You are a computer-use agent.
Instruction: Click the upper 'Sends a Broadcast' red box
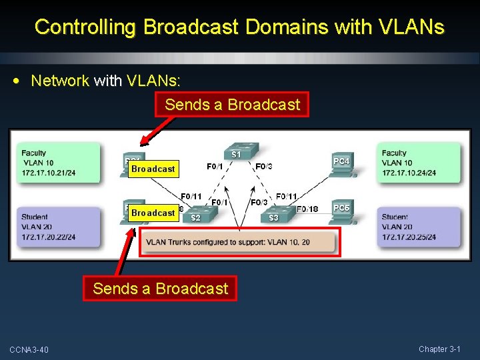click(x=232, y=105)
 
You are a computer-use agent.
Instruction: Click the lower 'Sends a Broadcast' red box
click(x=160, y=289)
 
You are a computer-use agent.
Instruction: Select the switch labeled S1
click(x=235, y=152)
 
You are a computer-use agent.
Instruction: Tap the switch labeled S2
click(x=197, y=215)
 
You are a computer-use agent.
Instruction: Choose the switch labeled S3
click(x=275, y=215)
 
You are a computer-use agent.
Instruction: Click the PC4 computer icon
click(x=341, y=164)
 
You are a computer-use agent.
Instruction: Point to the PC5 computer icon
click(x=341, y=210)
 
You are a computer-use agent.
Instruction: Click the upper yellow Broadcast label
click(x=153, y=169)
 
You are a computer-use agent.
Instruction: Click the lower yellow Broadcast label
click(x=153, y=213)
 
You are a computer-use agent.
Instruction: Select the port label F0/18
click(x=307, y=209)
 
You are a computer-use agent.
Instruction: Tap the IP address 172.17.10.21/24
click(x=48, y=173)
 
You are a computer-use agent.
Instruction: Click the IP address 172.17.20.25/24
click(x=409, y=237)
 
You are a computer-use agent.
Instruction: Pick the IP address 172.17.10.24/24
click(x=409, y=173)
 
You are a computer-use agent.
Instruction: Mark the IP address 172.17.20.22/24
click(x=48, y=237)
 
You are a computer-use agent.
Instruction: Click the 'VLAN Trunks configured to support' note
click(x=227, y=242)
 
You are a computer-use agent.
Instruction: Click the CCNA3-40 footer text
click(x=29, y=350)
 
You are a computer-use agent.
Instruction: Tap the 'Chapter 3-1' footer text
click(x=439, y=349)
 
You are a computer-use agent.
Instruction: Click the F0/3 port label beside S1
click(x=263, y=166)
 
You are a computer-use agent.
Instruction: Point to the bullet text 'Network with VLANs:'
click(x=105, y=81)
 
